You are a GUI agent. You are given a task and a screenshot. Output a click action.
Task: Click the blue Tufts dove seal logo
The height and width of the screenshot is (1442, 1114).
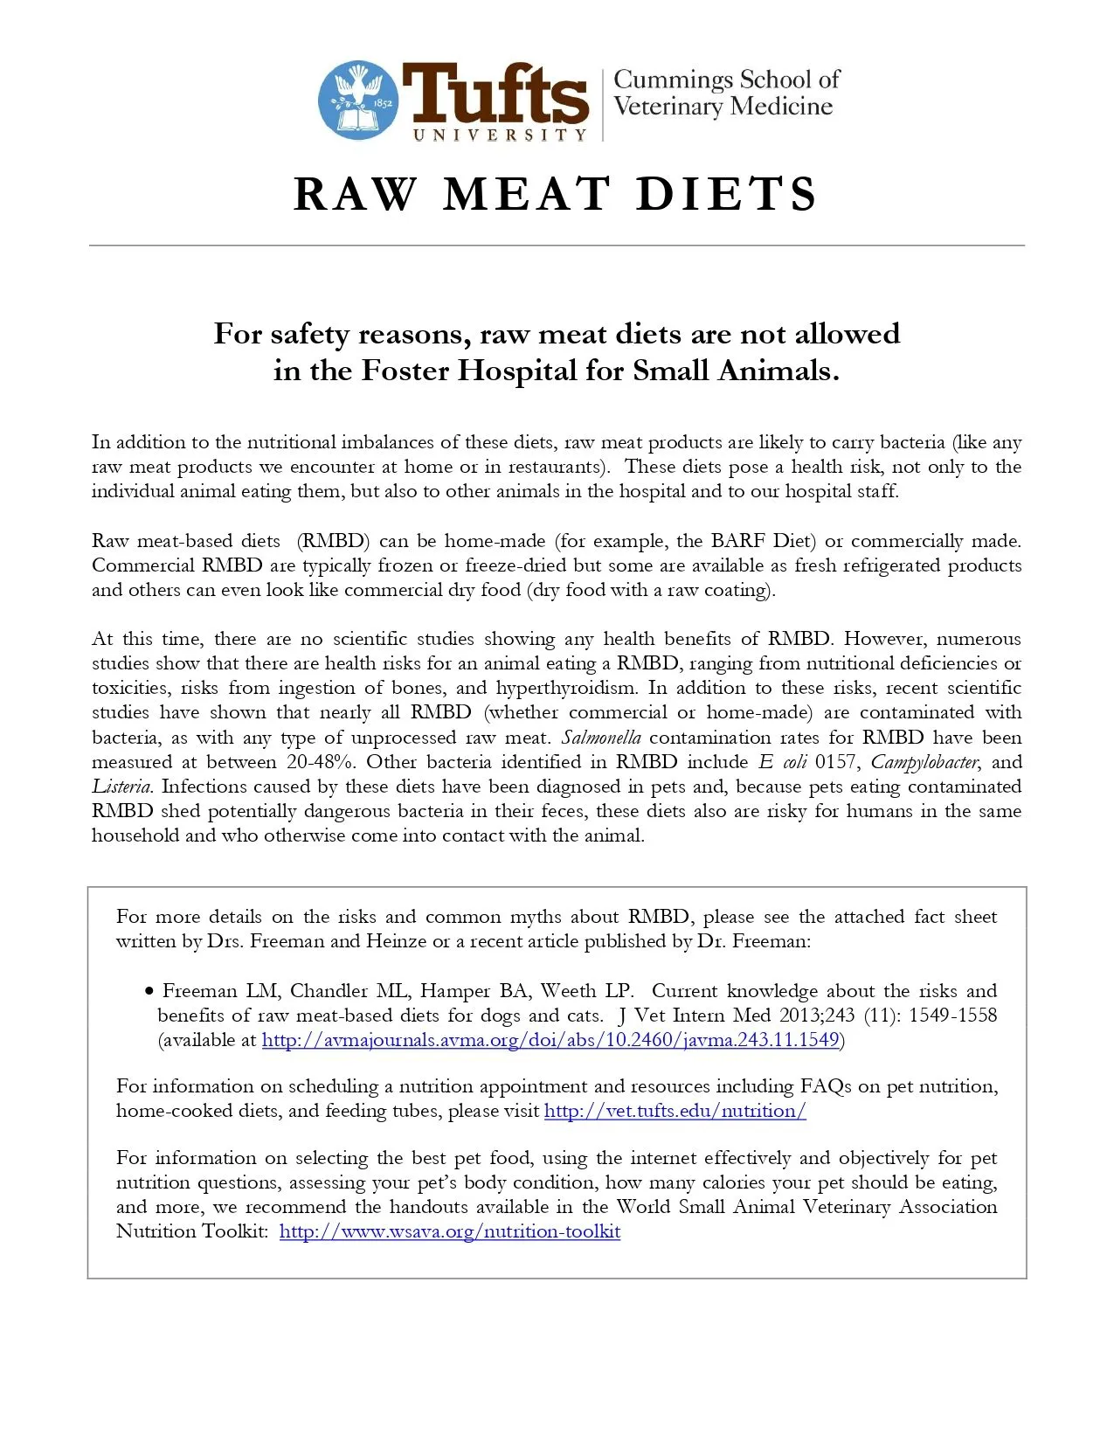click(x=357, y=100)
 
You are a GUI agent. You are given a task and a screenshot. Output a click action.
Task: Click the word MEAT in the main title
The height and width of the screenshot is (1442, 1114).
click(x=526, y=194)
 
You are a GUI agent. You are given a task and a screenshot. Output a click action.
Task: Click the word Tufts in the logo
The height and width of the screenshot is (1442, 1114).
click(x=495, y=94)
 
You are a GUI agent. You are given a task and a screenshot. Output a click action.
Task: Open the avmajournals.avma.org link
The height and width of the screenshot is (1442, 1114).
click(x=550, y=1040)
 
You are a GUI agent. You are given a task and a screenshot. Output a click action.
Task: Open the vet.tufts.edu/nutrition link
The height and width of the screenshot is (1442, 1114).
click(x=675, y=1111)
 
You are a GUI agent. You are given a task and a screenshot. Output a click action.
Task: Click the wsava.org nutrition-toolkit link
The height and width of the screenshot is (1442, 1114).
click(x=450, y=1231)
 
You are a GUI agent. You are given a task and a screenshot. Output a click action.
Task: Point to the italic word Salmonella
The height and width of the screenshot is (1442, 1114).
click(x=601, y=738)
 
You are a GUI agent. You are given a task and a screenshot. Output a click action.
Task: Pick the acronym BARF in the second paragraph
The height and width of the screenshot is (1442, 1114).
click(x=744, y=541)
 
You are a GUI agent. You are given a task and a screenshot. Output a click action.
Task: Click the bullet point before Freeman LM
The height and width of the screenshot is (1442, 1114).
click(x=149, y=991)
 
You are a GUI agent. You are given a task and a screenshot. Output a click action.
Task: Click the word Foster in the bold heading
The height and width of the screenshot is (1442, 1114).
click(x=405, y=371)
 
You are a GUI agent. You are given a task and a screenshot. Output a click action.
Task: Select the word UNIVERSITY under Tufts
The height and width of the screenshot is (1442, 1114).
click(x=500, y=135)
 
